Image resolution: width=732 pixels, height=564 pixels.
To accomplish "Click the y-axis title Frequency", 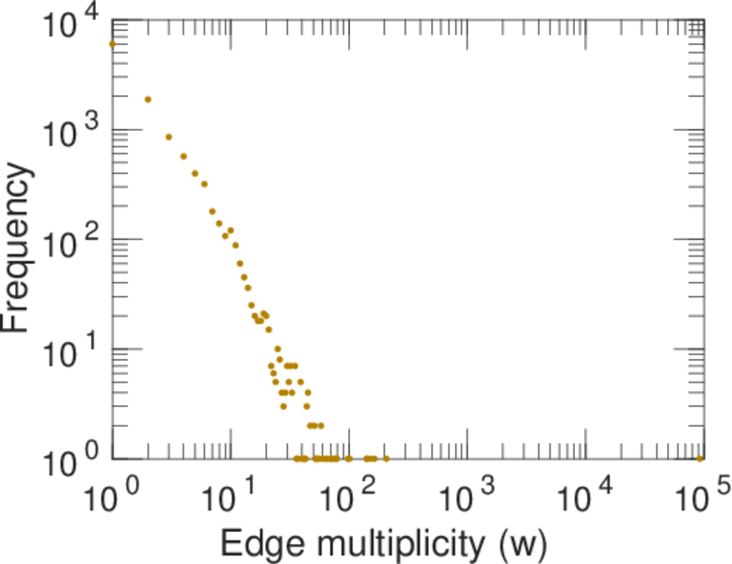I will pyautogui.click(x=20, y=247).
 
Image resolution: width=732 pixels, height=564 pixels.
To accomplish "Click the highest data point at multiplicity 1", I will pyautogui.click(x=112, y=44).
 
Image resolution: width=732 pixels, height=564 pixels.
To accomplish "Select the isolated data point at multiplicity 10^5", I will pyautogui.click(x=699, y=459).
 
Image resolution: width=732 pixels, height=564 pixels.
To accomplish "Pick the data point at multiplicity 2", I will pyautogui.click(x=148, y=99).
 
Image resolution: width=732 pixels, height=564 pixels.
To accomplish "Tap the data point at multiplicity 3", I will pyautogui.click(x=168, y=136).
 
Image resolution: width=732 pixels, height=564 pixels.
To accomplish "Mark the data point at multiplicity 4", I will pyautogui.click(x=183, y=156).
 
